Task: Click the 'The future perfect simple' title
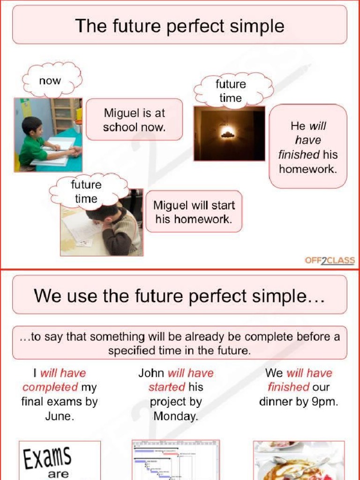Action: [x=180, y=25]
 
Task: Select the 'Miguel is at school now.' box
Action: [x=135, y=120]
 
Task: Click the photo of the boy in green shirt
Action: [x=48, y=135]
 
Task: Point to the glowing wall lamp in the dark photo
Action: [x=228, y=134]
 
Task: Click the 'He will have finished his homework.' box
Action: [x=308, y=147]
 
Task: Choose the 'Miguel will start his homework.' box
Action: [x=194, y=212]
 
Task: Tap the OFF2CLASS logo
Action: [x=330, y=261]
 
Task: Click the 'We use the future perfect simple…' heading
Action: [x=180, y=296]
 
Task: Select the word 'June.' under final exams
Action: [x=60, y=416]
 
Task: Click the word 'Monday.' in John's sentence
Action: [x=176, y=416]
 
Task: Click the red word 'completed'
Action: [x=50, y=387]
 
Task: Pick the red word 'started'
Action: [x=166, y=387]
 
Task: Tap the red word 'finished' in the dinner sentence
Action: [x=288, y=387]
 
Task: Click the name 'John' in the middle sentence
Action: [x=151, y=373]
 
